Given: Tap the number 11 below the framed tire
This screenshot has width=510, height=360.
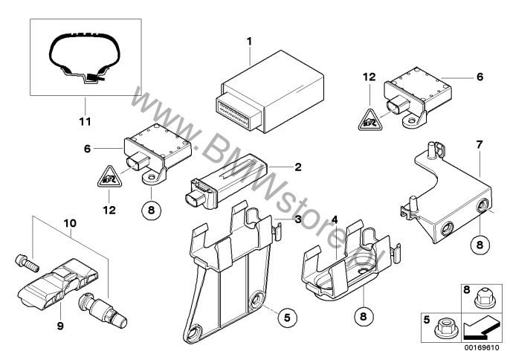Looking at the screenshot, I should [x=84, y=121].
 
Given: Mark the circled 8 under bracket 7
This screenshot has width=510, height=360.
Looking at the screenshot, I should [x=479, y=245].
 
